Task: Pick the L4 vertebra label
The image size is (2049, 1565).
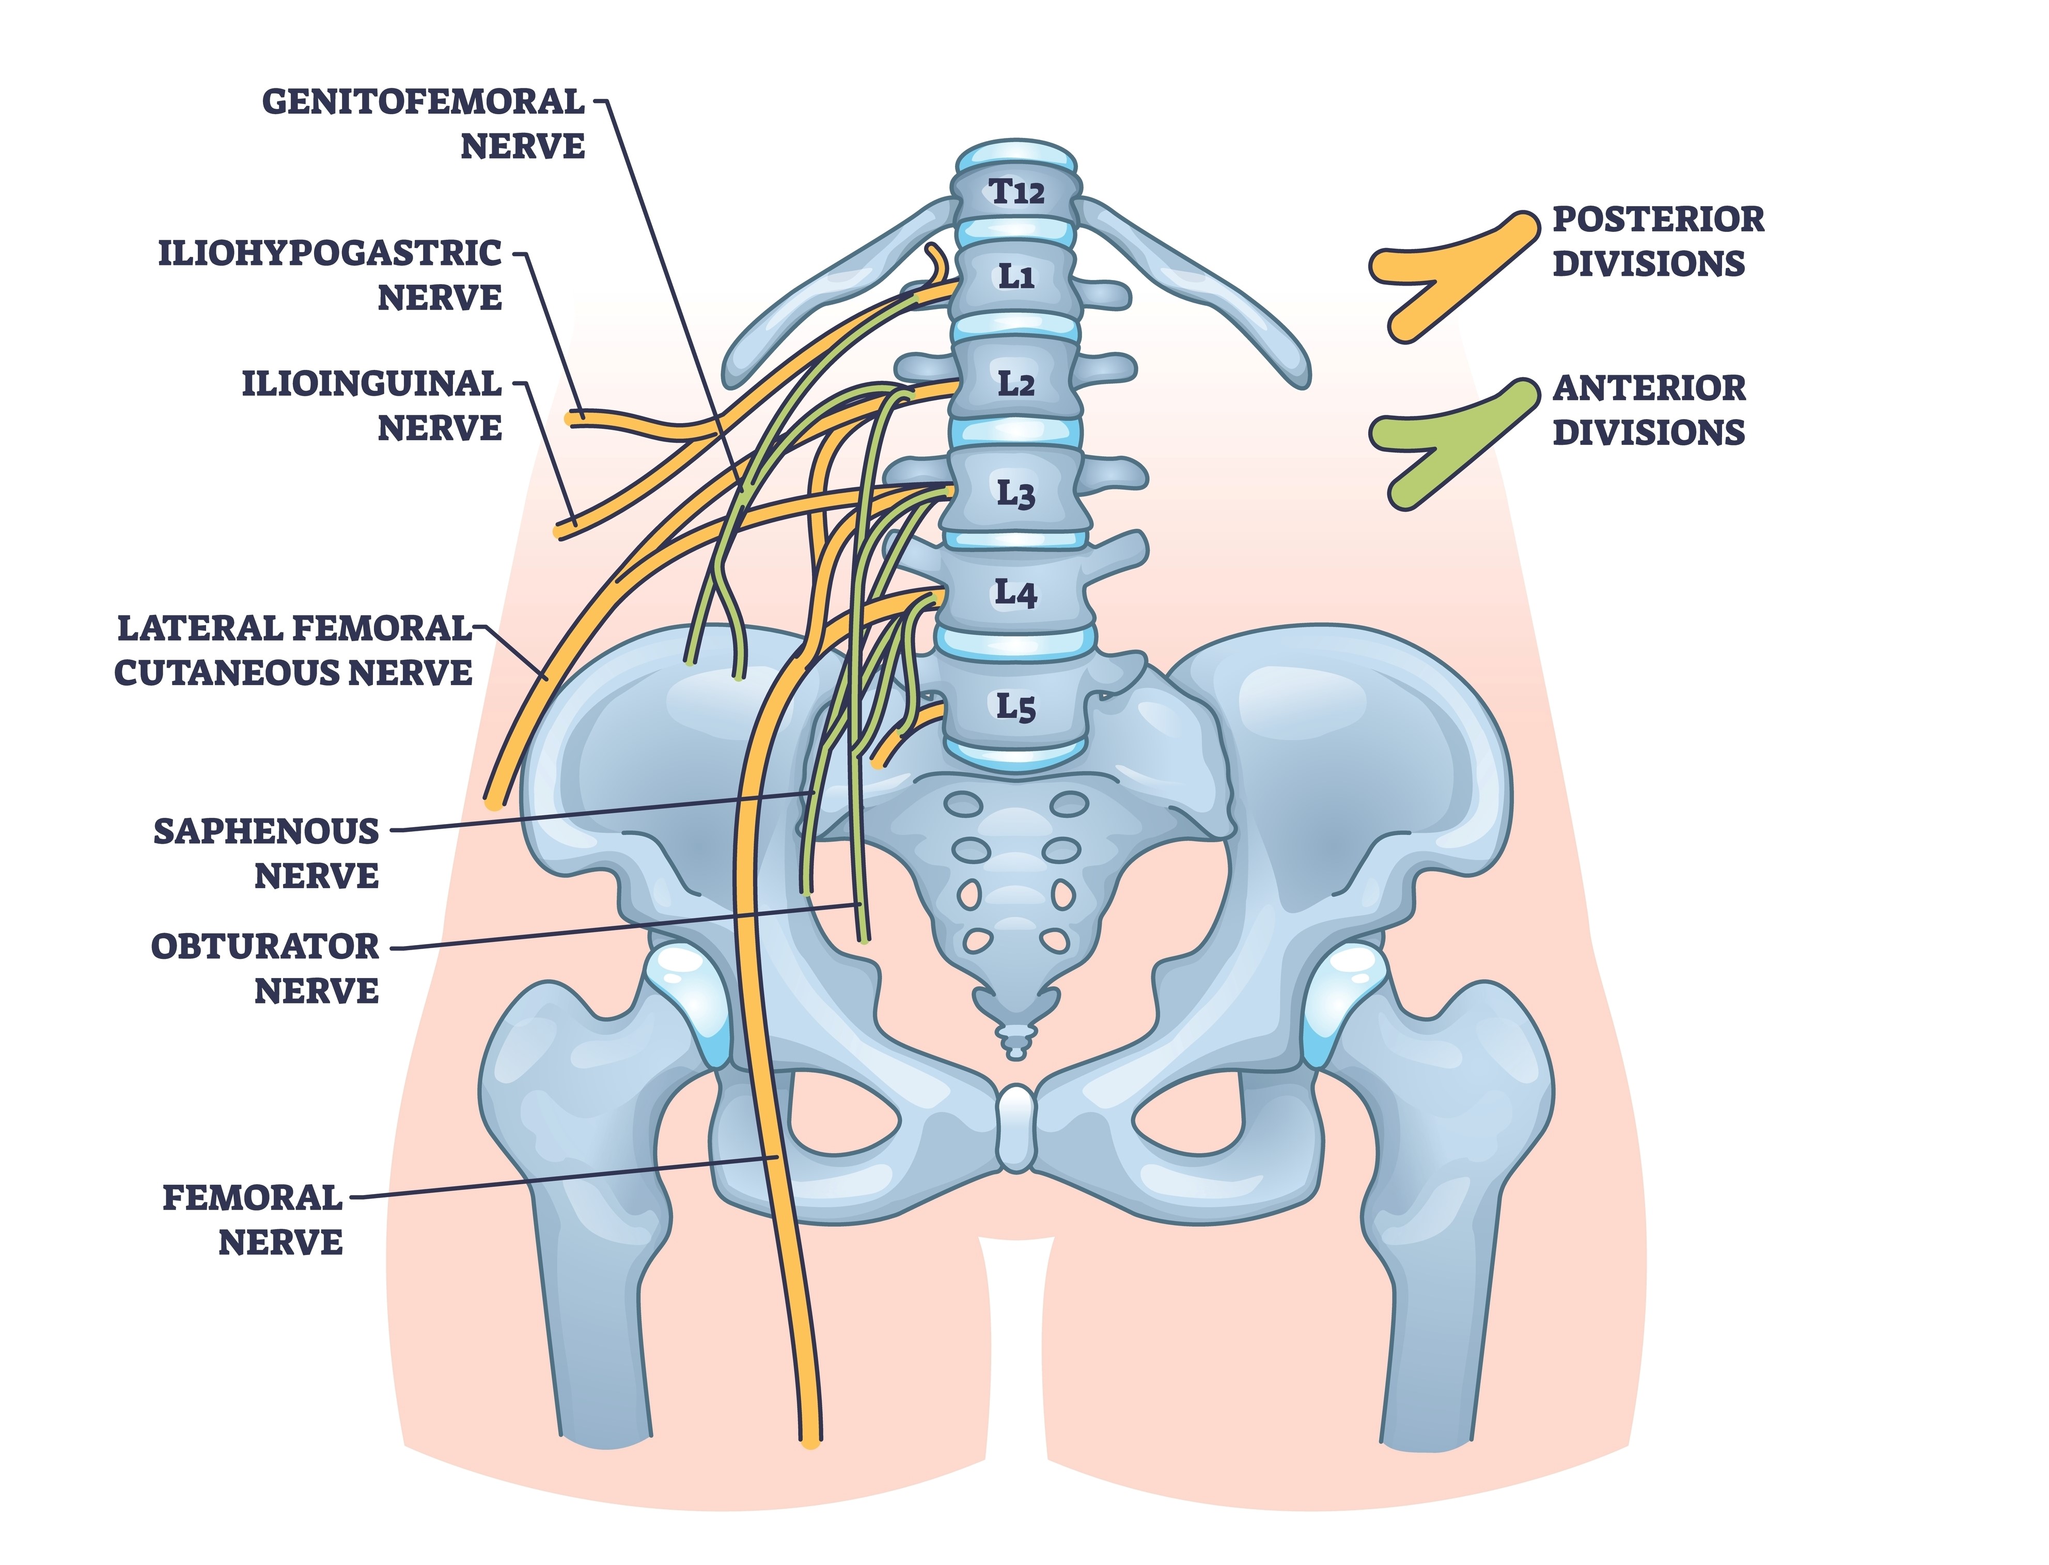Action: [1015, 593]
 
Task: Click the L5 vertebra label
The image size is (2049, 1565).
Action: [1015, 706]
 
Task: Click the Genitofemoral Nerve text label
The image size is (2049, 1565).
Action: [424, 124]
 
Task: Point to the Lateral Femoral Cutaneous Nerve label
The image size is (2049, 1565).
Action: [293, 650]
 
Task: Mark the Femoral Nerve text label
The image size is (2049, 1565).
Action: [253, 1219]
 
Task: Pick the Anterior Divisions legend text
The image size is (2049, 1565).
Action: [1649, 410]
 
